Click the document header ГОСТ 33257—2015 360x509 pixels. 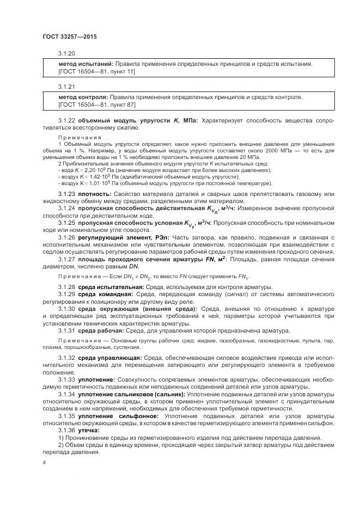click(69, 37)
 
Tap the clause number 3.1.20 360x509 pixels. click(66, 54)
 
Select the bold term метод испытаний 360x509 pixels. click(85, 64)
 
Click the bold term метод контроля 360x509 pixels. click(82, 97)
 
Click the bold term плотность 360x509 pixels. click(94, 194)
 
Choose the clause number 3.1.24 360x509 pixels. click(66, 208)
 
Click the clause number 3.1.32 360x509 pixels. click(66, 357)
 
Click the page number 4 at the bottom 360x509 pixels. click(44, 463)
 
